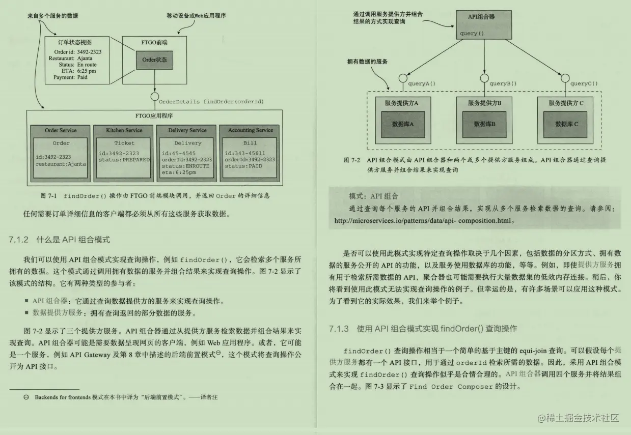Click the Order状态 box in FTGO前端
pos(154,60)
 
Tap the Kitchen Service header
pos(124,131)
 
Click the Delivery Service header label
pos(187,131)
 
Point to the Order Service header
pos(61,131)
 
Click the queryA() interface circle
pos(401,78)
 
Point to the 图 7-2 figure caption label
pos(352,160)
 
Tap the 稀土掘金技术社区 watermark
pos(578,418)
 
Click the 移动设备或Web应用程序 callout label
pos(196,16)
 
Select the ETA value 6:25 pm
pos(87,71)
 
